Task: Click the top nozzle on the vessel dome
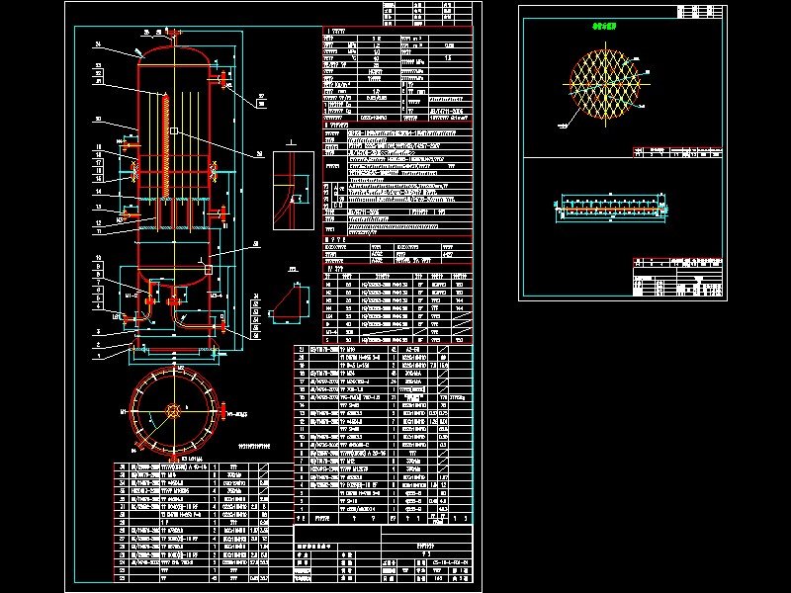click(174, 38)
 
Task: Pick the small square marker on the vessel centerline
click(174, 131)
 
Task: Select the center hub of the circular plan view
click(174, 408)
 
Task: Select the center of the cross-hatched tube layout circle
click(604, 85)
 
